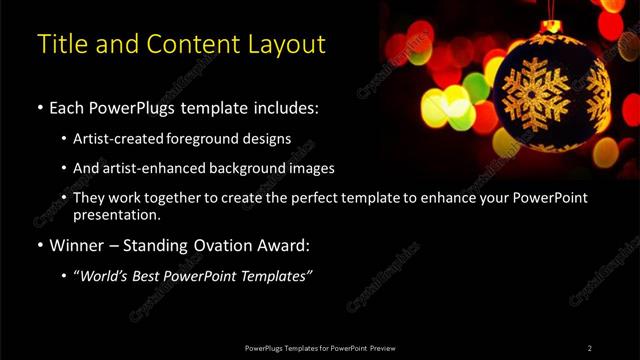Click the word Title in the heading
pyautogui.click(x=61, y=45)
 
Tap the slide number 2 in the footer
pyautogui.click(x=589, y=348)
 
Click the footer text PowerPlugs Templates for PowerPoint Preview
pyautogui.click(x=319, y=348)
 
